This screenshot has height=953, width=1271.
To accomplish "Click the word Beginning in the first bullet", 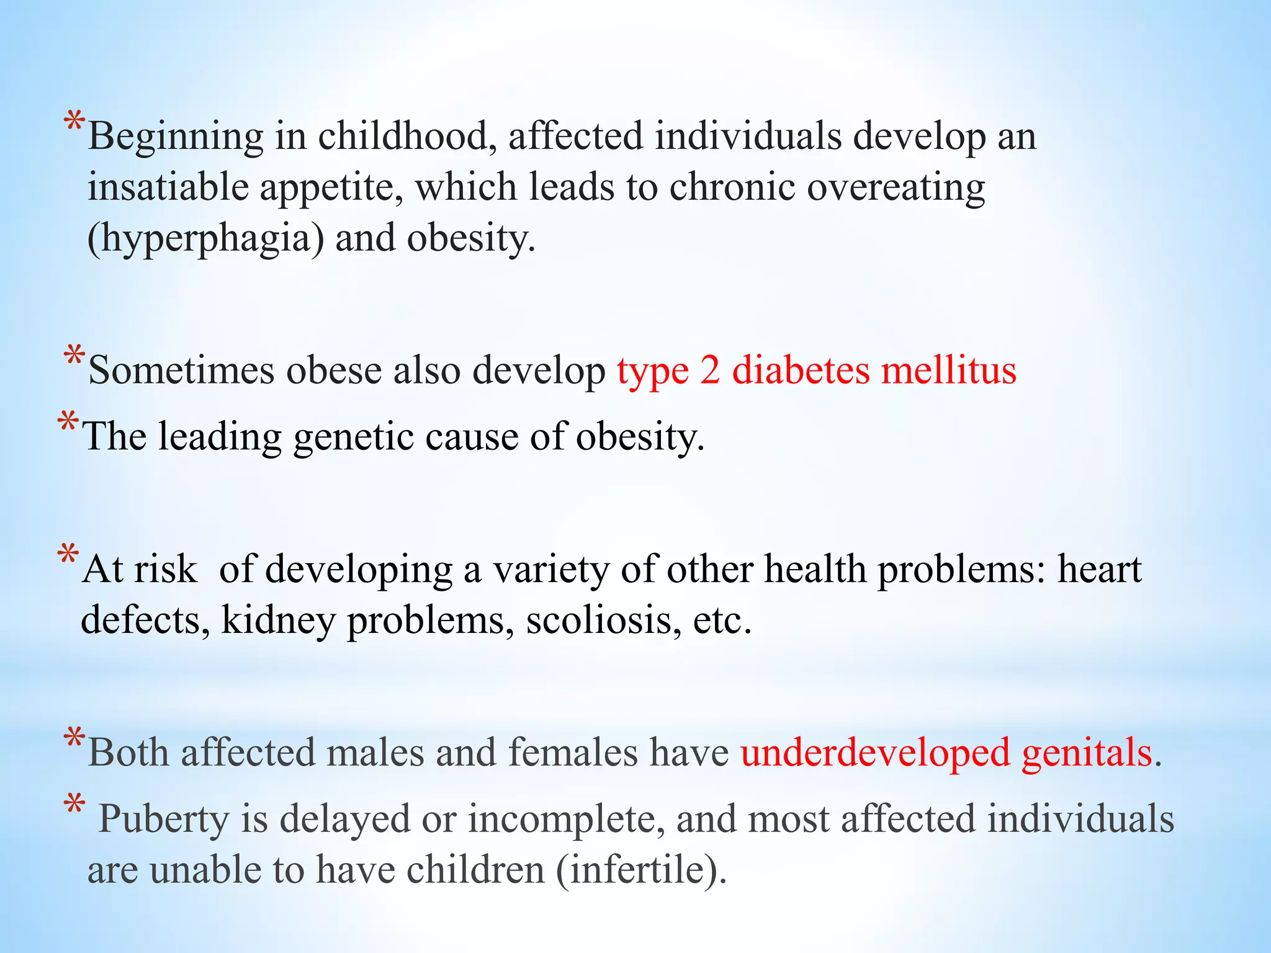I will (x=176, y=137).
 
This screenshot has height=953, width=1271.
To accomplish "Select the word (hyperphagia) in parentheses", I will (x=205, y=239).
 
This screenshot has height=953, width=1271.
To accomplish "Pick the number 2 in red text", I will (x=710, y=370).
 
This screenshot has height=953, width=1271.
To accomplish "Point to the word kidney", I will (x=278, y=620).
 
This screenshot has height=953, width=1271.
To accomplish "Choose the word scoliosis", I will (x=600, y=620).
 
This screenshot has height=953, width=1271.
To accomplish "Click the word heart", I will (x=1099, y=569).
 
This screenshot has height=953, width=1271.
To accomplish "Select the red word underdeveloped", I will (x=875, y=753).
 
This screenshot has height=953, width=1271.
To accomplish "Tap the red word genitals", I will (x=1087, y=754).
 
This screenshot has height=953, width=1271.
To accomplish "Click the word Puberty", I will (x=164, y=820).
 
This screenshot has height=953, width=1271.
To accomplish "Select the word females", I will (x=572, y=753).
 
